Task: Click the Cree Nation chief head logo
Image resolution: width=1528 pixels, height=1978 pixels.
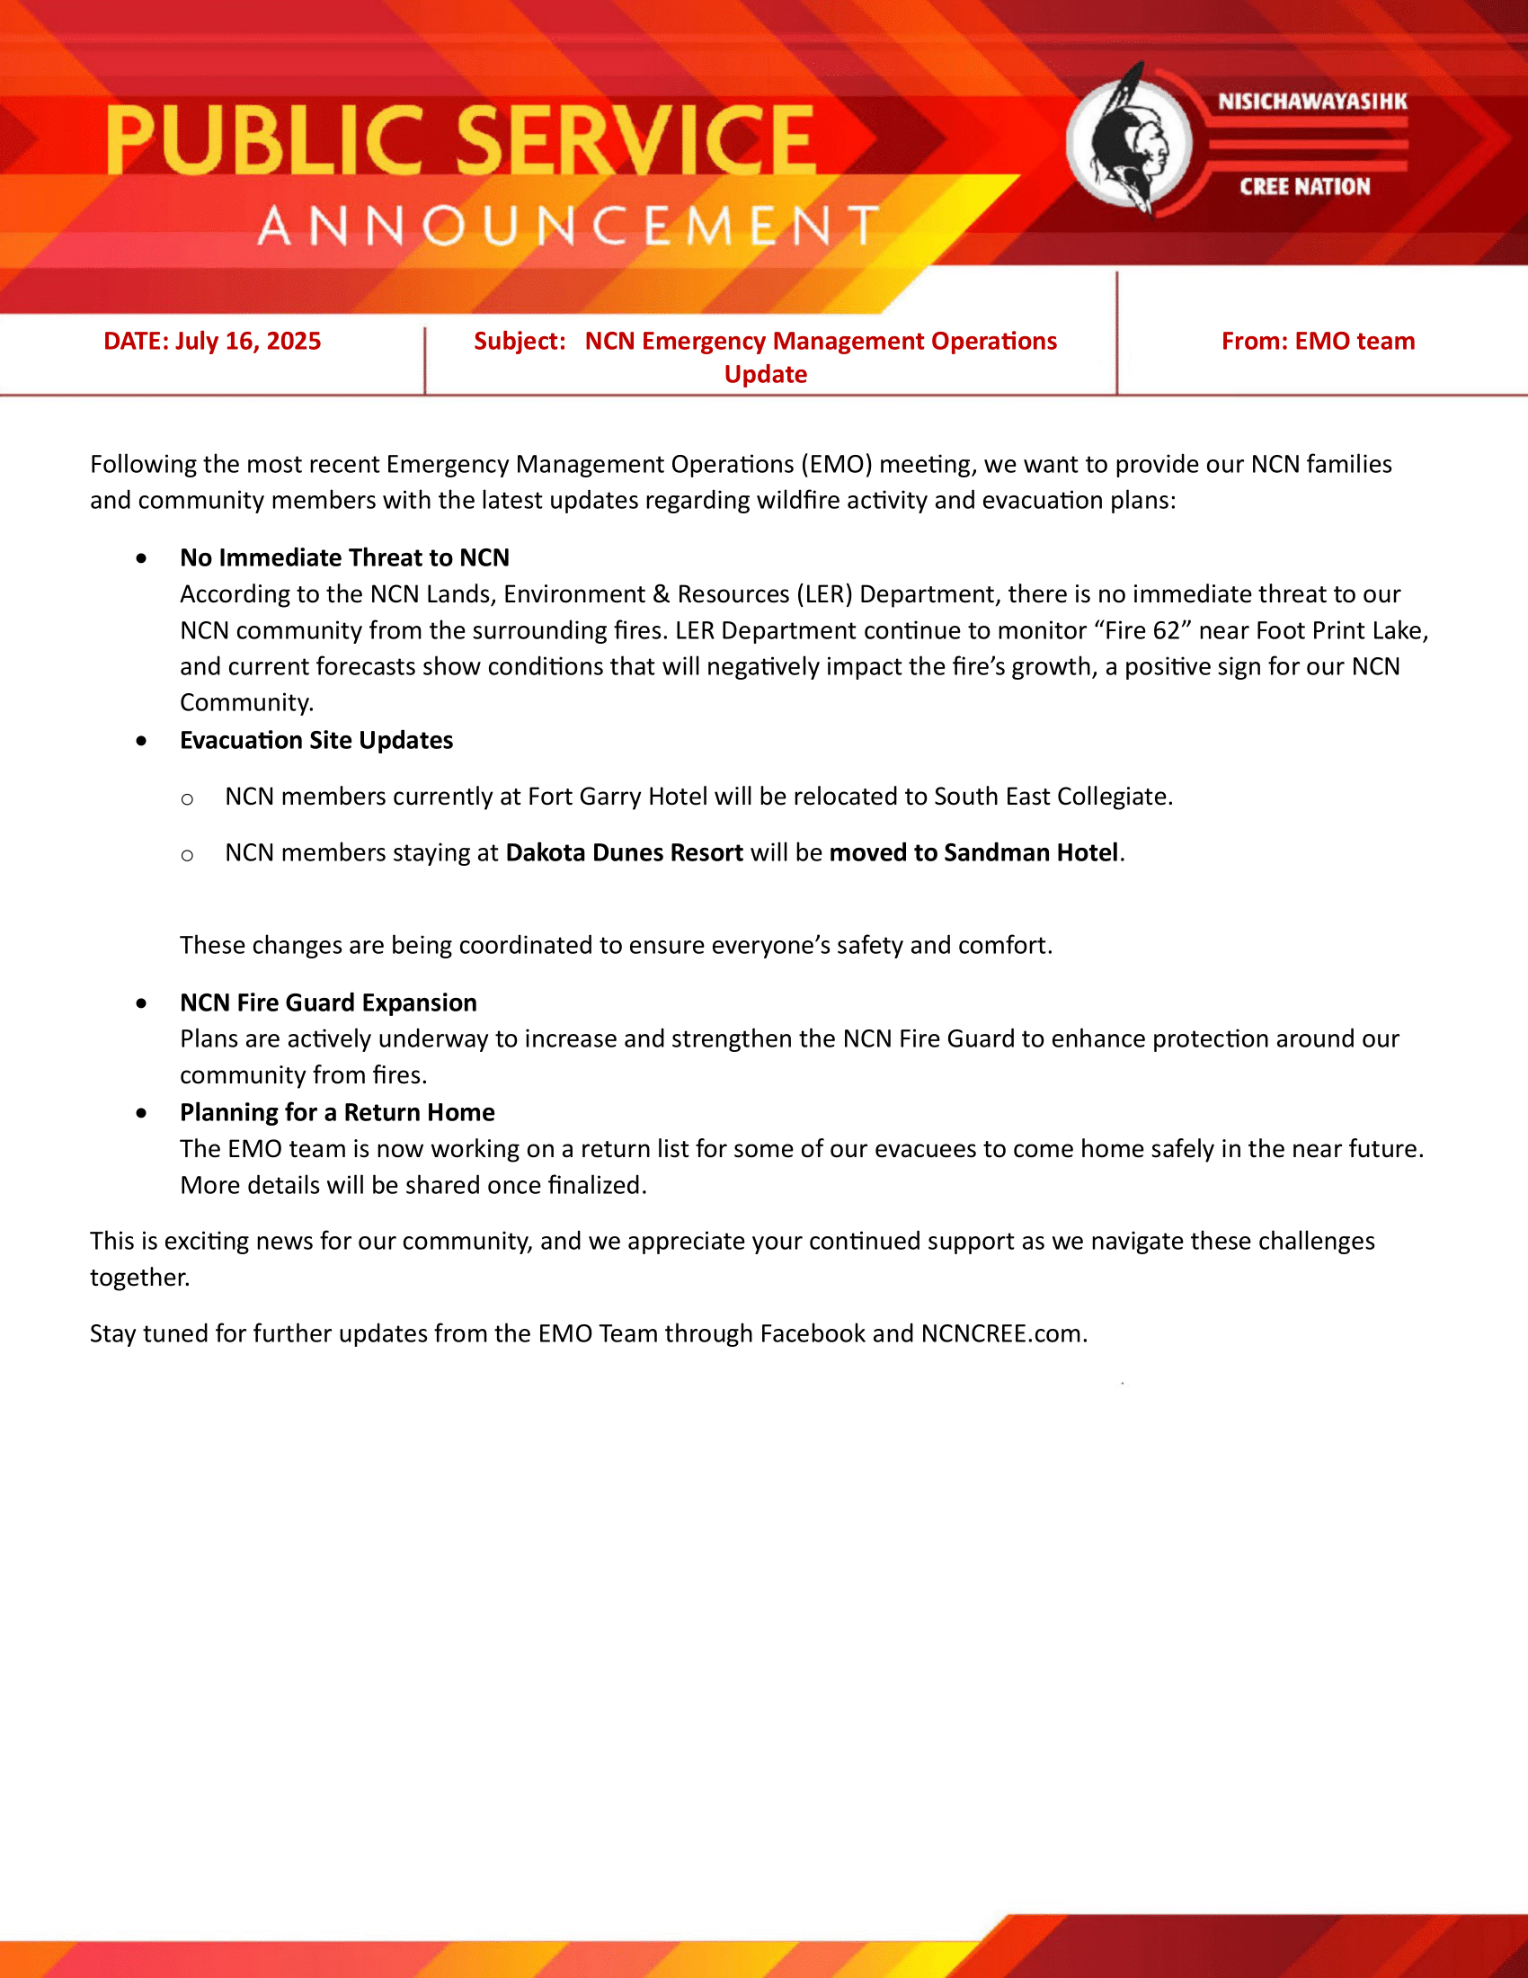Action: coord(1129,141)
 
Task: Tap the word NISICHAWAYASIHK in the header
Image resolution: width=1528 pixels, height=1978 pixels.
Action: coord(1311,102)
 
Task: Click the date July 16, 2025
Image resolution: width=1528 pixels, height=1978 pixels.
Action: coord(248,342)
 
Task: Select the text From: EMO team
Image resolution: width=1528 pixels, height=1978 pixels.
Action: coord(1317,342)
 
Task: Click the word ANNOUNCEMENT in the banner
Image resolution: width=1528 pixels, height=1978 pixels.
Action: coord(568,227)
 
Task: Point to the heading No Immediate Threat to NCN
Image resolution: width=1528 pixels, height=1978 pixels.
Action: coord(344,558)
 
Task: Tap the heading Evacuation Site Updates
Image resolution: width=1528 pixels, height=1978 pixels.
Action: coord(315,741)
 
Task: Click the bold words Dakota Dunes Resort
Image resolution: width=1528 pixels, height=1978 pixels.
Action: coord(624,853)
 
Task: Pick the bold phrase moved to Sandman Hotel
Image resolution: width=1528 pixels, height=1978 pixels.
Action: coord(973,853)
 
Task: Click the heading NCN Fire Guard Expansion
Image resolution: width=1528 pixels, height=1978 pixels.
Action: coord(328,1003)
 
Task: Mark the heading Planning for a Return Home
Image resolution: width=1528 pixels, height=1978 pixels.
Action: coord(337,1113)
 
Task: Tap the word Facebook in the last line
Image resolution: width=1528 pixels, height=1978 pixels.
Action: coord(812,1334)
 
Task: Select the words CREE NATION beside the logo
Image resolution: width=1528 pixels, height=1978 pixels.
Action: coord(1304,187)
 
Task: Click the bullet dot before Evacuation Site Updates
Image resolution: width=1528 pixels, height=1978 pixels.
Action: coord(141,741)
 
